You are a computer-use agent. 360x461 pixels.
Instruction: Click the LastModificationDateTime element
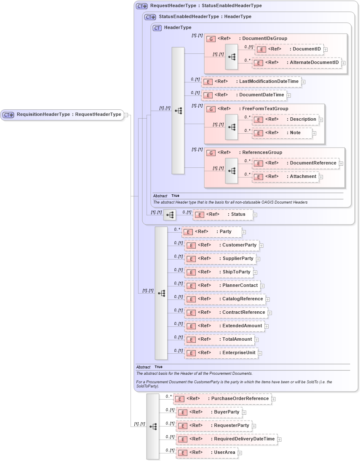251,82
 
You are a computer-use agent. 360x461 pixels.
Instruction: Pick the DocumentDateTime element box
244,95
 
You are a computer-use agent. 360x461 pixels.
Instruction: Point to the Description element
285,119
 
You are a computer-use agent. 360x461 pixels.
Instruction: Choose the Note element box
282,133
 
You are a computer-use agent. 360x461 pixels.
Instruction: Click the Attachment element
285,177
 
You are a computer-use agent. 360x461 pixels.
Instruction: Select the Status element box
223,215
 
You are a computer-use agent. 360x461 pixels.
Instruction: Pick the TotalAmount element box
219,339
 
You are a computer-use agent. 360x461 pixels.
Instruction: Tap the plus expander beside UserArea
240,453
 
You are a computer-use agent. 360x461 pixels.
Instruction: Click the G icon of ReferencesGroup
211,153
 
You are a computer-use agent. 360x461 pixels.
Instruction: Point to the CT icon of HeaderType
157,28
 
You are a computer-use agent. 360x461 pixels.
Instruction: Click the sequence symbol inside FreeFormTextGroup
232,127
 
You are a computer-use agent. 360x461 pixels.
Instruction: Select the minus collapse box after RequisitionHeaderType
126,115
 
